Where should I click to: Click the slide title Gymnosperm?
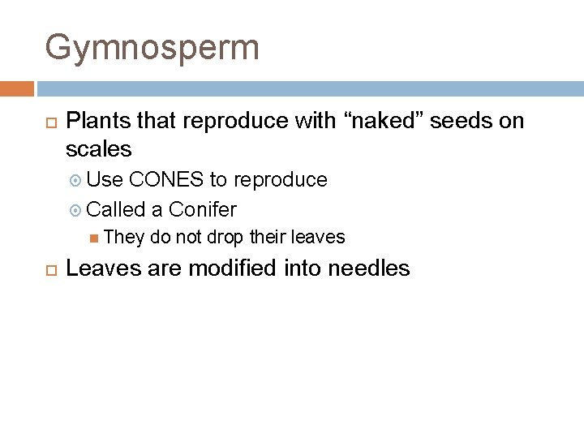click(152, 47)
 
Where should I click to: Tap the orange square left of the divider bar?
click(17, 88)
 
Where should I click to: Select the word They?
click(123, 237)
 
